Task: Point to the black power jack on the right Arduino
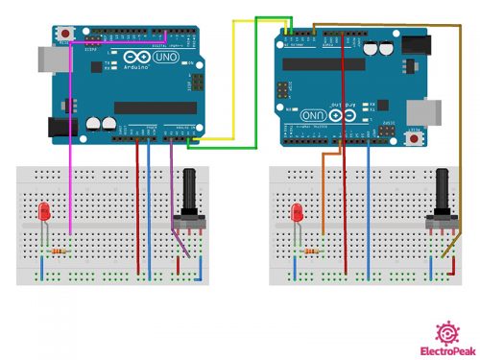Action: [416, 45]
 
